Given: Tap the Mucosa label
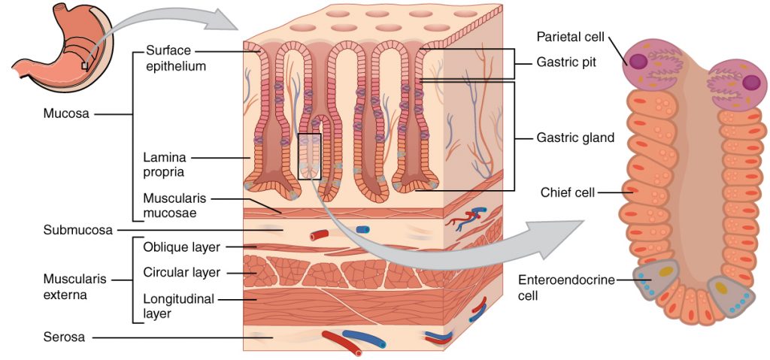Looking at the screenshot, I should point(65,115).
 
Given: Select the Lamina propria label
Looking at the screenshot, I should point(165,165).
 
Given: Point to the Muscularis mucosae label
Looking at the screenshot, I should point(172,206).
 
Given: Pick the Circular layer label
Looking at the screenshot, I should point(183,271).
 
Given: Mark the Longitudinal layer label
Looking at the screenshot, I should point(178,306).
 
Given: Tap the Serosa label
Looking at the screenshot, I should point(63,338).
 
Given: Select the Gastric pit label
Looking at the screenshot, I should point(566,62).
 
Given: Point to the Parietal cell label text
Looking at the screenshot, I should point(571,37).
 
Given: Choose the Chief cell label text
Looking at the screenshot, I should point(567,193).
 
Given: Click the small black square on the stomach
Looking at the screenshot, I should point(85,66).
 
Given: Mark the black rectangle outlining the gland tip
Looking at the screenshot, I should point(309,156).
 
